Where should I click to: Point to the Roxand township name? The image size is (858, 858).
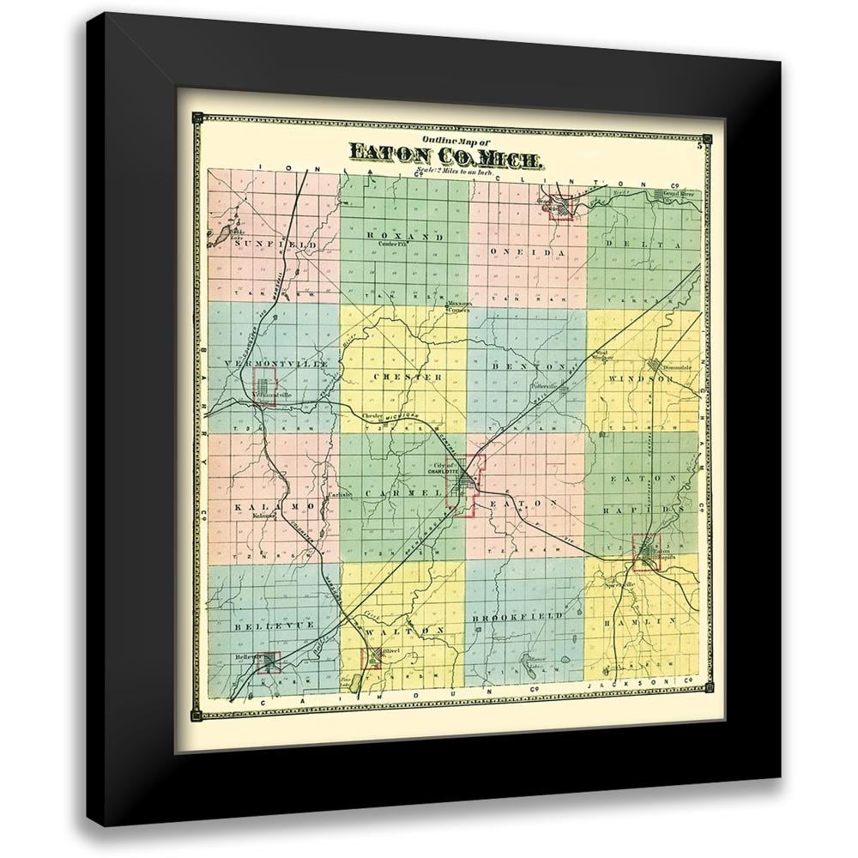point(404,236)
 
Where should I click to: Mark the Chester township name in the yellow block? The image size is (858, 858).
point(408,377)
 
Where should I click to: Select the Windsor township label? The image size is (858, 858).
point(641,378)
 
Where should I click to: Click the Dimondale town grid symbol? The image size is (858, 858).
point(658,362)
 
